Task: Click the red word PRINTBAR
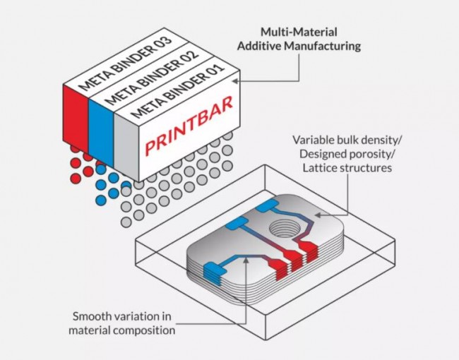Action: point(189,126)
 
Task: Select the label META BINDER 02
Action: point(151,78)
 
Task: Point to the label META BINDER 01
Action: point(178,91)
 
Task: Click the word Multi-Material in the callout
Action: point(299,32)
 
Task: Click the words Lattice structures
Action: point(347,168)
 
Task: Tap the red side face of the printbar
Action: point(76,119)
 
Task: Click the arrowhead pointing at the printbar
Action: point(235,81)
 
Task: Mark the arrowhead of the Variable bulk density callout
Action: point(318,215)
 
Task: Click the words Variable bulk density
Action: point(347,140)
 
